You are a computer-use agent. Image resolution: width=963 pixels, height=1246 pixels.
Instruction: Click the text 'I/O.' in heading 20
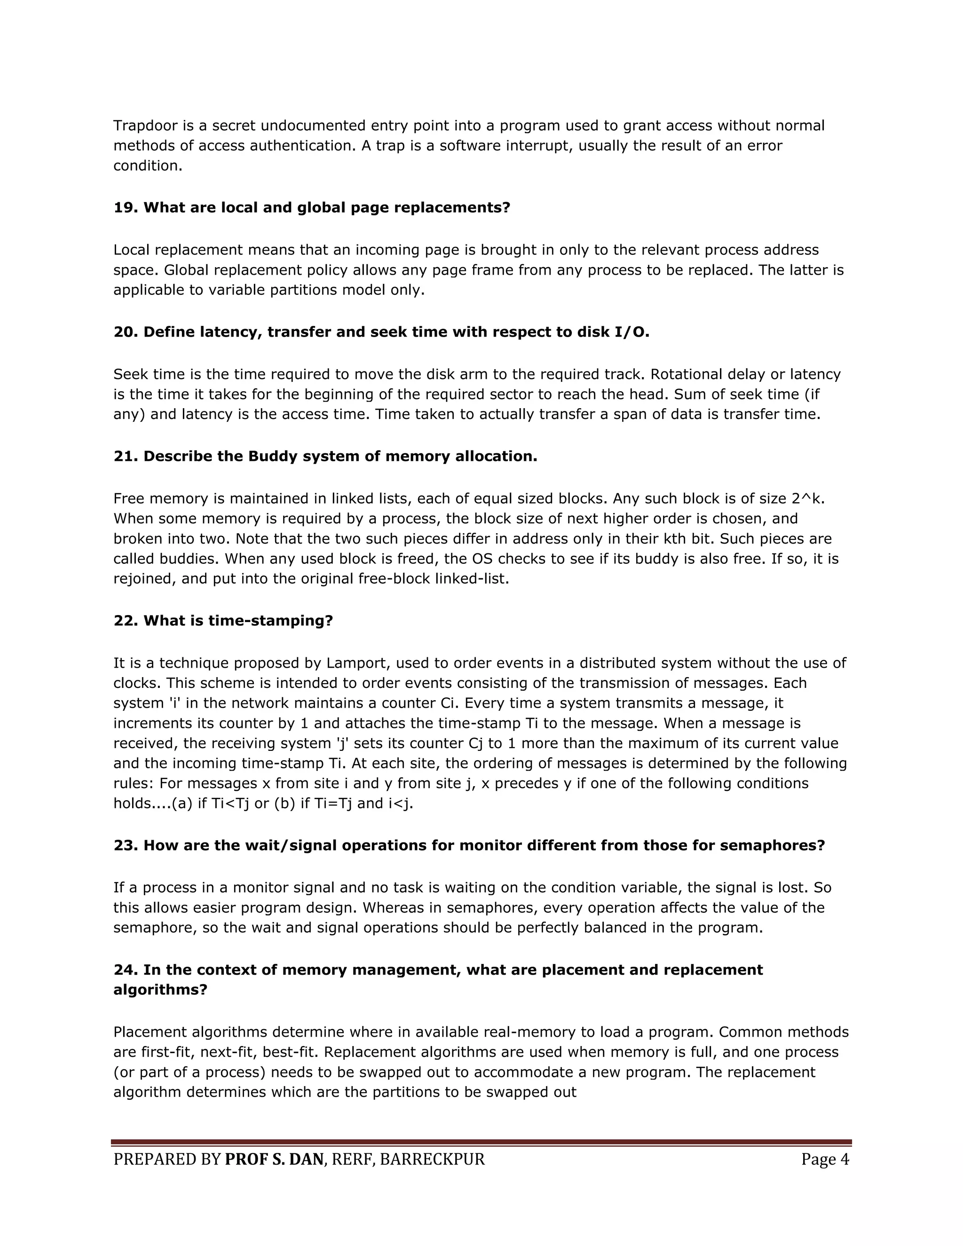click(x=632, y=332)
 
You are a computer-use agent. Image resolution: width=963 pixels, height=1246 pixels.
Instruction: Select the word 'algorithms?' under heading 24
click(x=160, y=990)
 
